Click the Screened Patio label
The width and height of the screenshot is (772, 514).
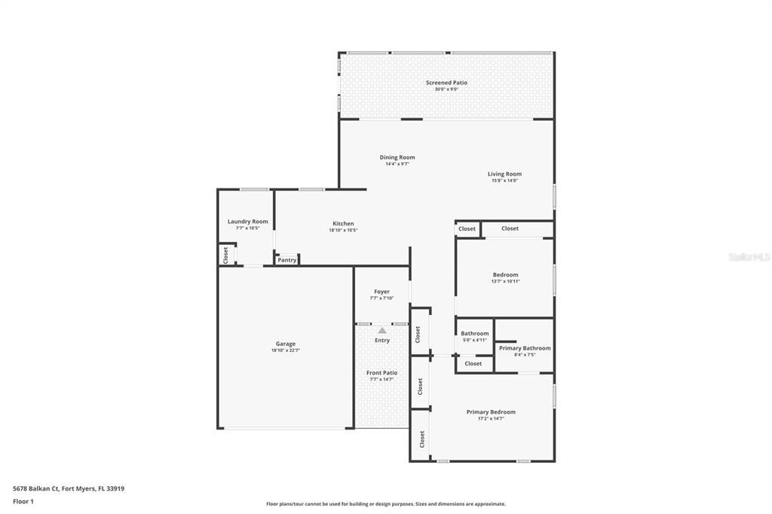[446, 83]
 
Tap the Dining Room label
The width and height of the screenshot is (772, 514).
[397, 158]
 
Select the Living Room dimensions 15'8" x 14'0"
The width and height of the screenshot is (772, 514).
[504, 181]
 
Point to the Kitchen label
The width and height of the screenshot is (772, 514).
[343, 224]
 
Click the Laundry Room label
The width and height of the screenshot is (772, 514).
[247, 222]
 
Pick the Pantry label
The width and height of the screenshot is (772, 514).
[286, 260]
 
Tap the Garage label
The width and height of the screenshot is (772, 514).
[285, 344]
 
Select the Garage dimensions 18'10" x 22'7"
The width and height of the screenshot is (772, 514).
[285, 350]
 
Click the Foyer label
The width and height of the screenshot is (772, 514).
[381, 292]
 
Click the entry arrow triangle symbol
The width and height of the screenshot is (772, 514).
[382, 330]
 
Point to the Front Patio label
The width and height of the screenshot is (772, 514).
[381, 373]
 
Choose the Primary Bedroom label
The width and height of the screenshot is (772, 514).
[491, 412]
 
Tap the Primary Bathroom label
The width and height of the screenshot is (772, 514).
[524, 348]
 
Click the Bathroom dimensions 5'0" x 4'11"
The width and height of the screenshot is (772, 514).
[474, 340]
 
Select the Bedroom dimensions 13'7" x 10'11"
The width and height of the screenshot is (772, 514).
[505, 282]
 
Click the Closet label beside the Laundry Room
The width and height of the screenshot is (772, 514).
[225, 255]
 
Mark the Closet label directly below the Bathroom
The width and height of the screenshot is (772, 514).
[473, 364]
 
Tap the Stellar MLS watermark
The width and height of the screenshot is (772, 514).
[749, 257]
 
